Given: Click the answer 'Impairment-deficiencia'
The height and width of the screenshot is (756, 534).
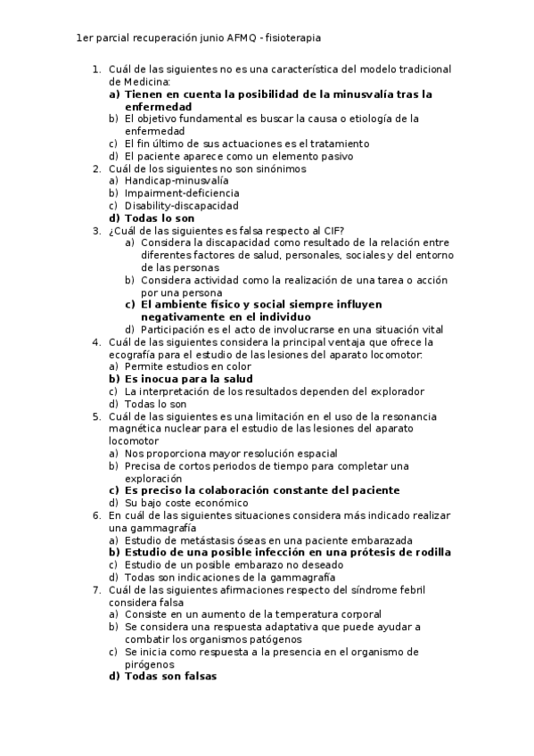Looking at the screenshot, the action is pos(169,193).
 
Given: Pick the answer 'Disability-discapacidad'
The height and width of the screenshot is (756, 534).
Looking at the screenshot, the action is pos(168,205).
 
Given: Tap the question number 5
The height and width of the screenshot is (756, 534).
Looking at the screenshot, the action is pos(96,416).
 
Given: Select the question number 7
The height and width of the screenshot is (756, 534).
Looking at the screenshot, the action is pos(96,589).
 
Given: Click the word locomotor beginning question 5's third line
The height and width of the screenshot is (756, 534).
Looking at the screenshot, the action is pos(134,441).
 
